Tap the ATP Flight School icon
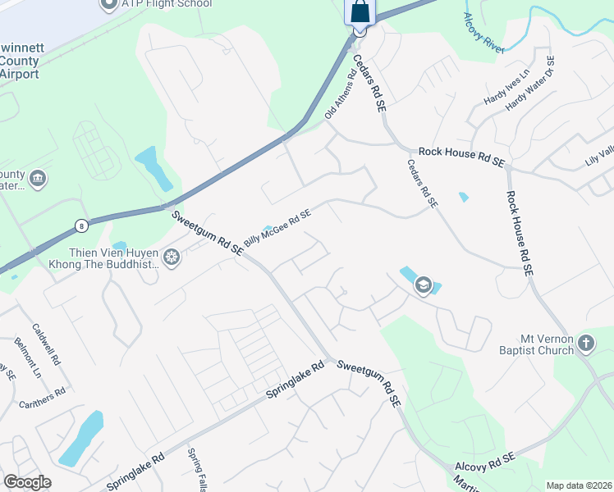108,4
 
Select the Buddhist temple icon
172,258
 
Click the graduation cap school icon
424,285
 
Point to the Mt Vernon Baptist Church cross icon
585,343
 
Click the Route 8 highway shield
80,225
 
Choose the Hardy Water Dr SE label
530,84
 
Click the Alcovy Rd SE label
484,462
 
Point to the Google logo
27,481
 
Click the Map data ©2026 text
579,485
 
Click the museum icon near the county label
37,178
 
